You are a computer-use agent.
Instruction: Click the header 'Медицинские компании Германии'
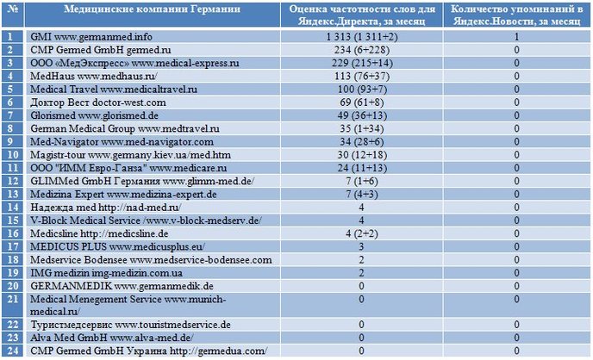click(152, 9)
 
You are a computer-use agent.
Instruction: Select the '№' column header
click(12, 9)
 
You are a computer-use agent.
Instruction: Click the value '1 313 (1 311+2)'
click(362, 37)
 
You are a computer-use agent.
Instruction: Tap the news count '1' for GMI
click(516, 37)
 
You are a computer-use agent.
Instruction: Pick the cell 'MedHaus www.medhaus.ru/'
click(94, 76)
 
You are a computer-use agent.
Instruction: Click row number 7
click(9, 115)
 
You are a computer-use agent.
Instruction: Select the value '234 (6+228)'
click(362, 50)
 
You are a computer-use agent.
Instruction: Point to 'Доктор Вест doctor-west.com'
click(98, 102)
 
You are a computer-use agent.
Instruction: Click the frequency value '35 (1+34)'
click(362, 128)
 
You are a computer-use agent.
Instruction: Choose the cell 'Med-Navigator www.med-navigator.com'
click(122, 141)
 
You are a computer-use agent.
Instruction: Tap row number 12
click(12, 181)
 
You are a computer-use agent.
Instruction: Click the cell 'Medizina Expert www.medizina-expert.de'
click(123, 194)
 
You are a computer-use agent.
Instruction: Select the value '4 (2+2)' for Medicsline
click(362, 233)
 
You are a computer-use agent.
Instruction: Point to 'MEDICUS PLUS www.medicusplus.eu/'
click(117, 246)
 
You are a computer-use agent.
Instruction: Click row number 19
click(12, 273)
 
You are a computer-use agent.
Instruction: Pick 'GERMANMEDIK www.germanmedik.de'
click(122, 286)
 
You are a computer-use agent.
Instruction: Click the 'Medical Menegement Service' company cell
click(128, 305)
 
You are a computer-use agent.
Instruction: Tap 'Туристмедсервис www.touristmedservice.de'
click(130, 325)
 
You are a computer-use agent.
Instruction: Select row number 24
click(12, 351)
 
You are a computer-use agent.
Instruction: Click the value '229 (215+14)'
click(362, 63)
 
